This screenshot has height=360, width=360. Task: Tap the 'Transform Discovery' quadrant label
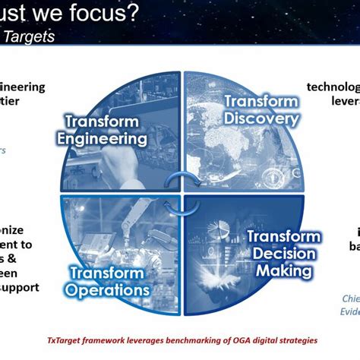pos(261,111)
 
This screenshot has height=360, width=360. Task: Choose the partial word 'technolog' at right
pos(333,87)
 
